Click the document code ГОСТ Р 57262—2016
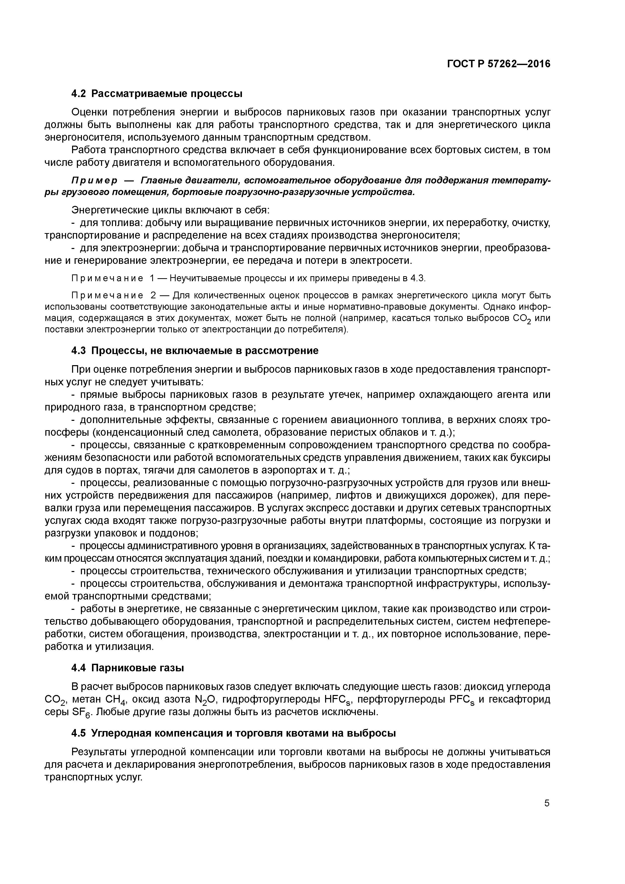[499, 64]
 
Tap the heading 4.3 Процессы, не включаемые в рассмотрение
[195, 350]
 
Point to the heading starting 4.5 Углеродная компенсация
[233, 733]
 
